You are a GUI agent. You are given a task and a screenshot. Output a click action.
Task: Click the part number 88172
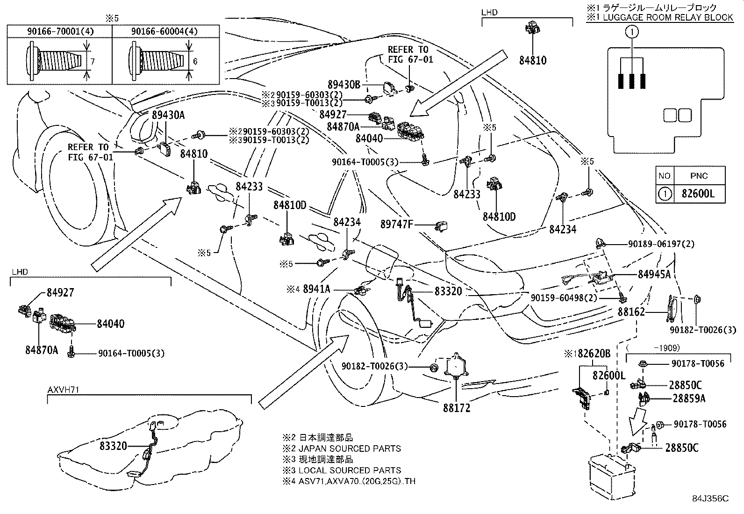(x=457, y=408)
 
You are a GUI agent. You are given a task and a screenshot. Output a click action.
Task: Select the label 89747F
(x=397, y=224)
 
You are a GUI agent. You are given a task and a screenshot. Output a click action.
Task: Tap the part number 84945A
(x=654, y=275)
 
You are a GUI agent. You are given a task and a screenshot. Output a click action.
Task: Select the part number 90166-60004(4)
(x=164, y=32)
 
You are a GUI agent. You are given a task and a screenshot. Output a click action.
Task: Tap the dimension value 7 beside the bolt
(x=93, y=61)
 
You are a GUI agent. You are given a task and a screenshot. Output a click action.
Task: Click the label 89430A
(x=168, y=116)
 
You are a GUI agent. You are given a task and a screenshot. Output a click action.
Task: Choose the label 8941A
(x=316, y=290)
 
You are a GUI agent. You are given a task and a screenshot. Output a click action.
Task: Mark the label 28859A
(x=689, y=398)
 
